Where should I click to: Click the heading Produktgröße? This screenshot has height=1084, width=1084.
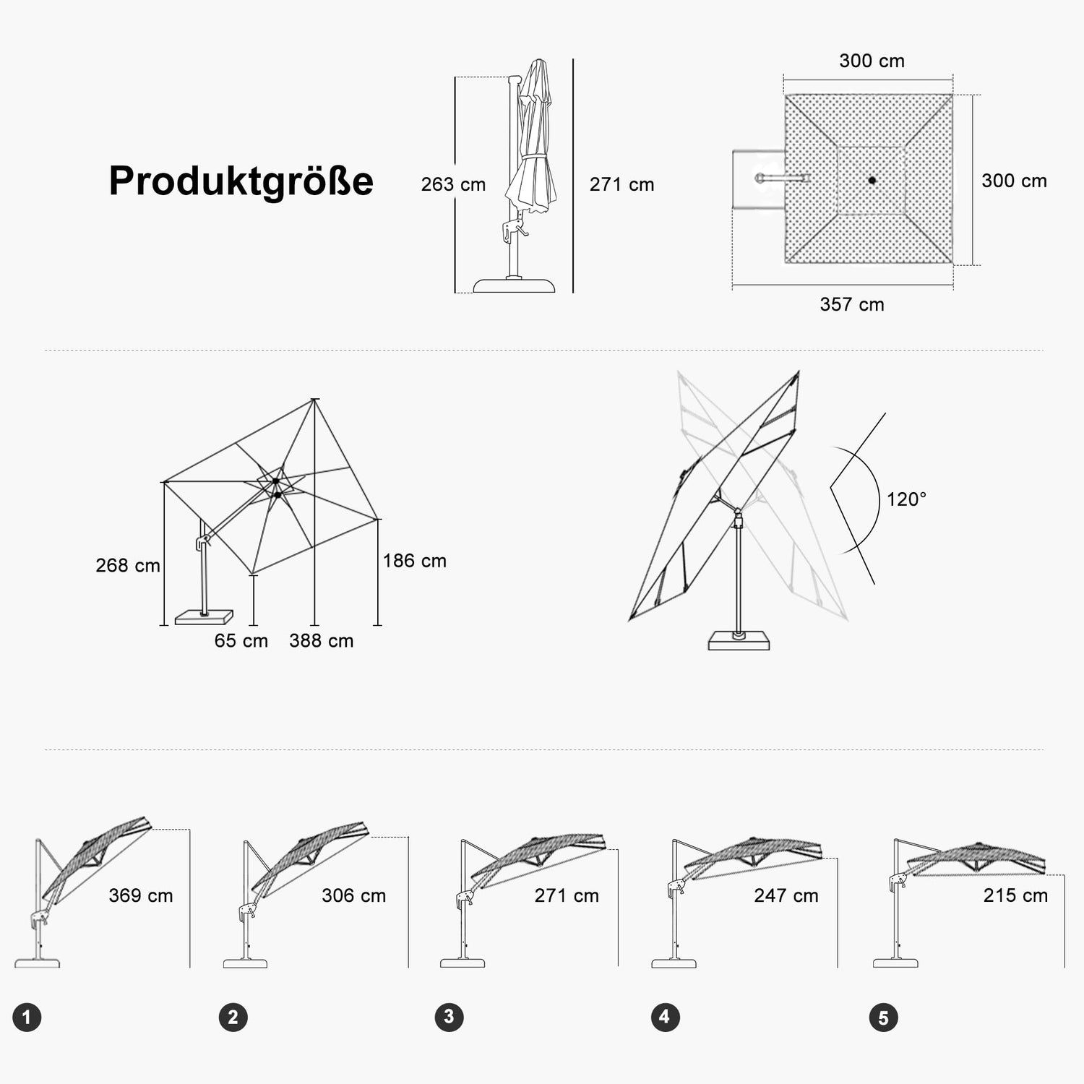pyautogui.click(x=241, y=181)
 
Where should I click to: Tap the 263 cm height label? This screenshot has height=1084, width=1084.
pyautogui.click(x=453, y=185)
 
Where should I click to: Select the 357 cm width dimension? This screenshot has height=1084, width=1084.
pyautogui.click(x=852, y=304)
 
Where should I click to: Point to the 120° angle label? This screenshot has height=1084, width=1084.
pyautogui.click(x=906, y=499)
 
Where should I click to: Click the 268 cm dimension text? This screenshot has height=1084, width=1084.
pyautogui.click(x=128, y=566)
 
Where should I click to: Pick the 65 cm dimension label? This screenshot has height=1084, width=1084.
pyautogui.click(x=241, y=641)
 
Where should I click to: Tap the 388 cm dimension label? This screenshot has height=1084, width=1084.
pyautogui.click(x=322, y=641)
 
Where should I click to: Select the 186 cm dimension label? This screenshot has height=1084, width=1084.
pyautogui.click(x=415, y=561)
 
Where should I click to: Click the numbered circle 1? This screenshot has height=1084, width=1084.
pyautogui.click(x=27, y=1018)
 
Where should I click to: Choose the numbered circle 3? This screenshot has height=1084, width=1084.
pyautogui.click(x=449, y=1018)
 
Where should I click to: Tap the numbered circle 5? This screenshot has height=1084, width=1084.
pyautogui.click(x=883, y=1018)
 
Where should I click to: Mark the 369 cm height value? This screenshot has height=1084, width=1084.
pyautogui.click(x=141, y=896)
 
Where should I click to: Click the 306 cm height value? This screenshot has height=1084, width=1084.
pyautogui.click(x=354, y=896)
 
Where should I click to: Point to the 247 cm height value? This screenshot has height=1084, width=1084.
pyautogui.click(x=786, y=896)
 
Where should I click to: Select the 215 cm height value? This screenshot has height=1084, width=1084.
pyautogui.click(x=1015, y=895)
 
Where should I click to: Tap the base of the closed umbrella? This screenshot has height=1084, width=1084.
pyautogui.click(x=514, y=285)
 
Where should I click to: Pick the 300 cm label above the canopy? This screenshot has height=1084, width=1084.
pyautogui.click(x=872, y=61)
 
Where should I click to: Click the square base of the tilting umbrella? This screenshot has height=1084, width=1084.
pyautogui.click(x=739, y=641)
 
